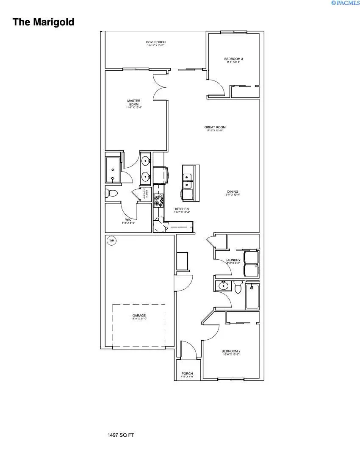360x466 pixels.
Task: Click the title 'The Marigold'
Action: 43,22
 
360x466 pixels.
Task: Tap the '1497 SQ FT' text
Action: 121,435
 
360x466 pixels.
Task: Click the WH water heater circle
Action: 112,241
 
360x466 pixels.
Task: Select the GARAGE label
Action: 139,316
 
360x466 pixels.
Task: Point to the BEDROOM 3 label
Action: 233,59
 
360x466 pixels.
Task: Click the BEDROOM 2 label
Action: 231,351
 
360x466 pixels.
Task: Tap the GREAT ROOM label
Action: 215,127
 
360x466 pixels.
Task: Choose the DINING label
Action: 233,191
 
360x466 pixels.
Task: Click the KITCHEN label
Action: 182,209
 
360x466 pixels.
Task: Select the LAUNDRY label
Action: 233,260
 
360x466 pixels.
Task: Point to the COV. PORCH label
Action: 155,42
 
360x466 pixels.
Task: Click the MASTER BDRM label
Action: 133,103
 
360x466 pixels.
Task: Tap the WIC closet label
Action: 127,219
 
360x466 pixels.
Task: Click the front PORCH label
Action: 187,374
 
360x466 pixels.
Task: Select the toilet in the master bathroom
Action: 111,193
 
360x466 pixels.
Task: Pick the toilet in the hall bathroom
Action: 238,288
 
